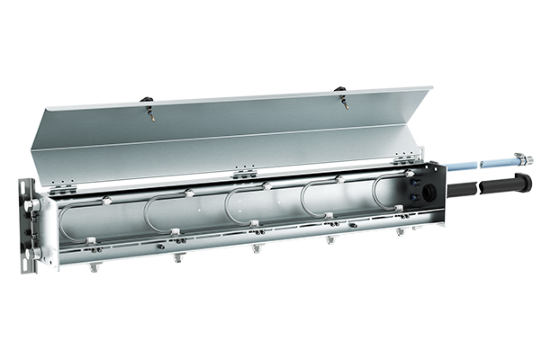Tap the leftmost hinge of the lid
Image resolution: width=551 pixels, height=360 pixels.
click(x=62, y=187)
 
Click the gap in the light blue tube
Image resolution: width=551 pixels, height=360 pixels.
click(x=478, y=165)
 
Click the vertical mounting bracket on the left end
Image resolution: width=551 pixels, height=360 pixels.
click(x=29, y=225)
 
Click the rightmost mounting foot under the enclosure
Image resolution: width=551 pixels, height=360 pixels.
click(x=401, y=231)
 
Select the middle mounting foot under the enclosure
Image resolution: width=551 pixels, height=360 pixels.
click(x=257, y=247)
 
